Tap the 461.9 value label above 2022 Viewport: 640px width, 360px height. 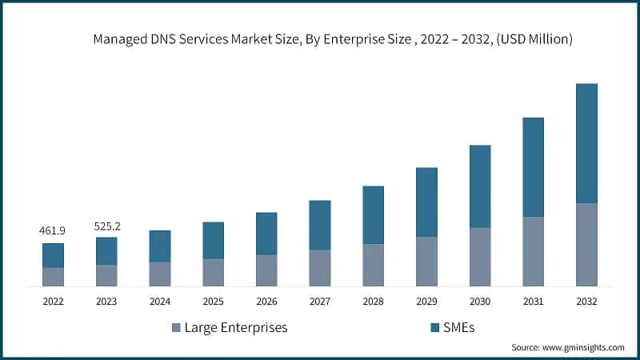(53, 230)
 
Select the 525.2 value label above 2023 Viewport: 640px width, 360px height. (106, 226)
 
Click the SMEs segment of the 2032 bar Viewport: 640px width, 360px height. (586, 143)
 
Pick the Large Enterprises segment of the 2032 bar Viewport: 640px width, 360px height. (586, 245)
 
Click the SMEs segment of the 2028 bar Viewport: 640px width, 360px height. (373, 215)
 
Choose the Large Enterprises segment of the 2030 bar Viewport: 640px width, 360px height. (480, 257)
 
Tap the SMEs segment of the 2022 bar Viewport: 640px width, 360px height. (53, 255)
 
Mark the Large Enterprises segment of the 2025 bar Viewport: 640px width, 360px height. (213, 272)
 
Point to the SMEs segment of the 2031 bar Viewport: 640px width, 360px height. (533, 167)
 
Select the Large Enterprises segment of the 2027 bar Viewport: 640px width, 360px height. (320, 268)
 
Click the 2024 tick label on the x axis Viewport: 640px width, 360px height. (160, 302)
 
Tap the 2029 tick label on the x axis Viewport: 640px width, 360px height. (426, 302)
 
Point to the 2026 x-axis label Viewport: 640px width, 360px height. (266, 302)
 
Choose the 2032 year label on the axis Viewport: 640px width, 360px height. (586, 302)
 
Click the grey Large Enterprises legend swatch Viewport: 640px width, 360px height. (175, 327)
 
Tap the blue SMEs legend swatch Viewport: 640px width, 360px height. (435, 327)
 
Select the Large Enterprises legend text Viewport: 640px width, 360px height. (235, 327)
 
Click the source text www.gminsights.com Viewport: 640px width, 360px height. (568, 347)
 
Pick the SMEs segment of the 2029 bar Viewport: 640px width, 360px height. (426, 202)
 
